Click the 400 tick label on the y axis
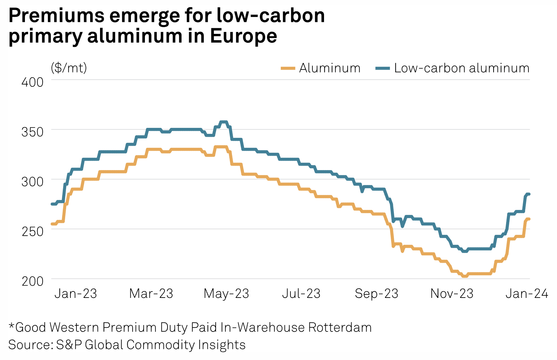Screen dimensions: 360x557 tap(32, 82)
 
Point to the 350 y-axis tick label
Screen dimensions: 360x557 tap(32, 132)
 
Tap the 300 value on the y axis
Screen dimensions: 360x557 tap(32, 182)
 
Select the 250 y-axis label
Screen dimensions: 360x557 tap(32, 231)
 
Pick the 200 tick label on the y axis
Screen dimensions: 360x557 tap(32, 281)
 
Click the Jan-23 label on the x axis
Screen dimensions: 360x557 tap(76, 294)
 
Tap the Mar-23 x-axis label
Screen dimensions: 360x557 tap(151, 294)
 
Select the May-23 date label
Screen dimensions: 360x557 tap(226, 294)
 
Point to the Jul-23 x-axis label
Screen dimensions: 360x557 tap(301, 294)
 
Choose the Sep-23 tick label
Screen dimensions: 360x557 tap(377, 294)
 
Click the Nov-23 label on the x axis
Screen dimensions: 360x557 tap(452, 294)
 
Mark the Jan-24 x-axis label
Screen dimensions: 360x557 tap(527, 294)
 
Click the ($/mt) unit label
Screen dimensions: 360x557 tap(69, 68)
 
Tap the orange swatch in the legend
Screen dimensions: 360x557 tap(288, 68)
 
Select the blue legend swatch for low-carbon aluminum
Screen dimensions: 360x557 tap(383, 68)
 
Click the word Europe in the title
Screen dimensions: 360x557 tap(244, 36)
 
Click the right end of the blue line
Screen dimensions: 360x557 tap(528, 194)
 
